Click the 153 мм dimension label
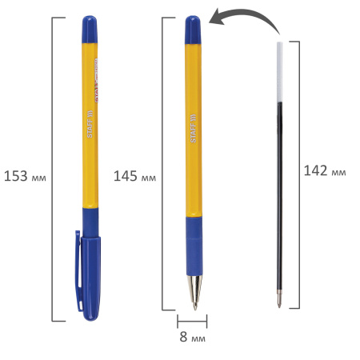click(x=25, y=175)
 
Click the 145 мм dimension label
click(x=134, y=175)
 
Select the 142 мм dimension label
click(x=326, y=170)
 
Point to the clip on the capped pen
click(x=78, y=272)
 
